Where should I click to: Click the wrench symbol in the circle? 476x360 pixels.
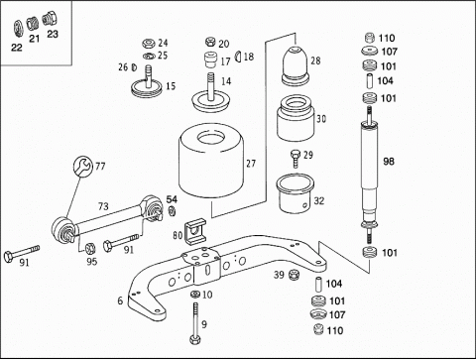point(82,166)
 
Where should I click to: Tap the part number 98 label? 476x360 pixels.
point(389,162)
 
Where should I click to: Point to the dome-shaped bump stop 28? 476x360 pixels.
point(296,64)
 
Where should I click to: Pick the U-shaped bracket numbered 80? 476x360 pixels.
point(195,231)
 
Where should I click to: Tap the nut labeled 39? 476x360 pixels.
point(293,274)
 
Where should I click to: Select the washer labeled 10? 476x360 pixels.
point(195,294)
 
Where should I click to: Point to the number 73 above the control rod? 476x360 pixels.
point(103,206)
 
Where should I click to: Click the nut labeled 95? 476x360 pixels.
point(90,248)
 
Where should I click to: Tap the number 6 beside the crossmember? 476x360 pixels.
point(120,300)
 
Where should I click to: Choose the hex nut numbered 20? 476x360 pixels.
point(210,42)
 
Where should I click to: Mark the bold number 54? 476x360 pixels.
point(172,199)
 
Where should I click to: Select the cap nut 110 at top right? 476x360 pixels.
point(371,38)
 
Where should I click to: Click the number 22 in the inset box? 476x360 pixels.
point(17,48)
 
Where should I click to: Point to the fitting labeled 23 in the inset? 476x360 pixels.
point(50,18)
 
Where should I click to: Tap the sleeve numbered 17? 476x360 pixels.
point(210,60)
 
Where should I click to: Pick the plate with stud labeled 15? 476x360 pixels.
point(147,85)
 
